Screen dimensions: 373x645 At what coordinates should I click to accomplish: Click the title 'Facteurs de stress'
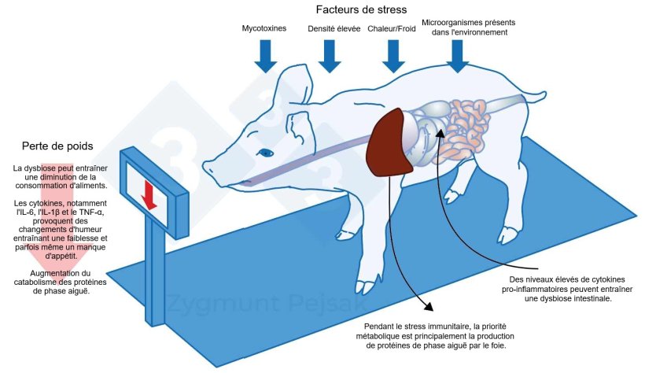tap(362, 9)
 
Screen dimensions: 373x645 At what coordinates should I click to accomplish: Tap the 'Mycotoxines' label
tap(265, 28)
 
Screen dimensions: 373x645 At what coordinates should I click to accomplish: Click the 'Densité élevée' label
tap(330, 28)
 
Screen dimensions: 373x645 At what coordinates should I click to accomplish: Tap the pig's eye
tap(266, 153)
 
